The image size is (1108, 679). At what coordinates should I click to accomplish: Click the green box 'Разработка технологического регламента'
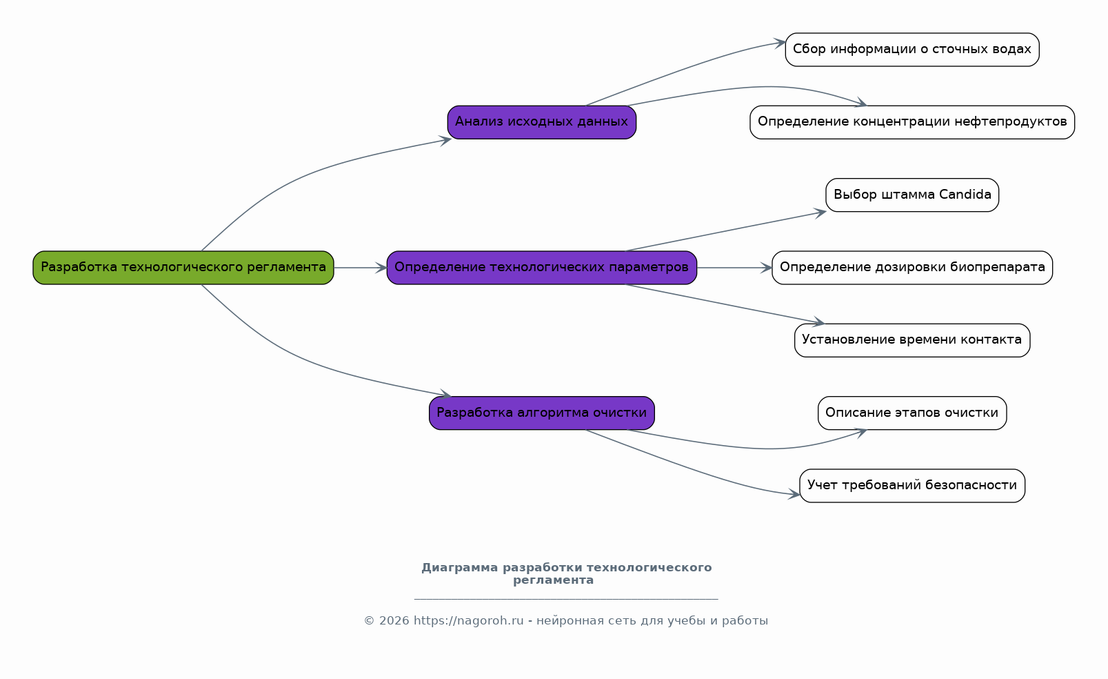click(x=183, y=268)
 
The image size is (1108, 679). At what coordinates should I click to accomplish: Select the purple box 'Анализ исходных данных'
click(x=542, y=122)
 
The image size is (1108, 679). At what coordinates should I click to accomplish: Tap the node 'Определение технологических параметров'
click(x=542, y=268)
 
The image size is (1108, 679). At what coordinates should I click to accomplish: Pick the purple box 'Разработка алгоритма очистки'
click(x=542, y=413)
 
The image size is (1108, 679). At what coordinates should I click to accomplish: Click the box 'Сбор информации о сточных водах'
click(x=912, y=50)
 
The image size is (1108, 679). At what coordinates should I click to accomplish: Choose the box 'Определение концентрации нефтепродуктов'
click(x=912, y=122)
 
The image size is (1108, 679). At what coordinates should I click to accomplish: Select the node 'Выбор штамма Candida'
click(x=912, y=195)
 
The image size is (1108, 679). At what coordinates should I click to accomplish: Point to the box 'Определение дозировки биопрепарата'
click(x=912, y=268)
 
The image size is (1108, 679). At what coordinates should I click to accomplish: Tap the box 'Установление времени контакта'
click(x=912, y=340)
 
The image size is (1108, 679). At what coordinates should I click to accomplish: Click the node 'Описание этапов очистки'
click(x=912, y=413)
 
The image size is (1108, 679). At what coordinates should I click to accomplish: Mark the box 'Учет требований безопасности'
click(x=912, y=486)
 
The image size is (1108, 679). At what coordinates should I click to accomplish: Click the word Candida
click(x=965, y=195)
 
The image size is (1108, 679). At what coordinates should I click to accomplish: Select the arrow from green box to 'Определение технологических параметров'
click(x=360, y=268)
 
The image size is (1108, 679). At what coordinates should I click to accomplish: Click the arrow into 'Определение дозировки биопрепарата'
click(x=734, y=268)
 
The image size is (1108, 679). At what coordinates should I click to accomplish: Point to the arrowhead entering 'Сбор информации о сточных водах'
click(x=780, y=43)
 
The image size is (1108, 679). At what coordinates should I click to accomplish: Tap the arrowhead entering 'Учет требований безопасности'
click(x=794, y=493)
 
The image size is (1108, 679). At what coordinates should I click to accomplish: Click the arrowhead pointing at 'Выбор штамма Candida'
click(x=820, y=213)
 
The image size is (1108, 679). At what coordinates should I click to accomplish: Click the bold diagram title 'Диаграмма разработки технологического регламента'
click(x=566, y=574)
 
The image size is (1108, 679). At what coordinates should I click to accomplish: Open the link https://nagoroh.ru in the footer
click(x=468, y=621)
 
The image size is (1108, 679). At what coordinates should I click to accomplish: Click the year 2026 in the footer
click(x=394, y=621)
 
